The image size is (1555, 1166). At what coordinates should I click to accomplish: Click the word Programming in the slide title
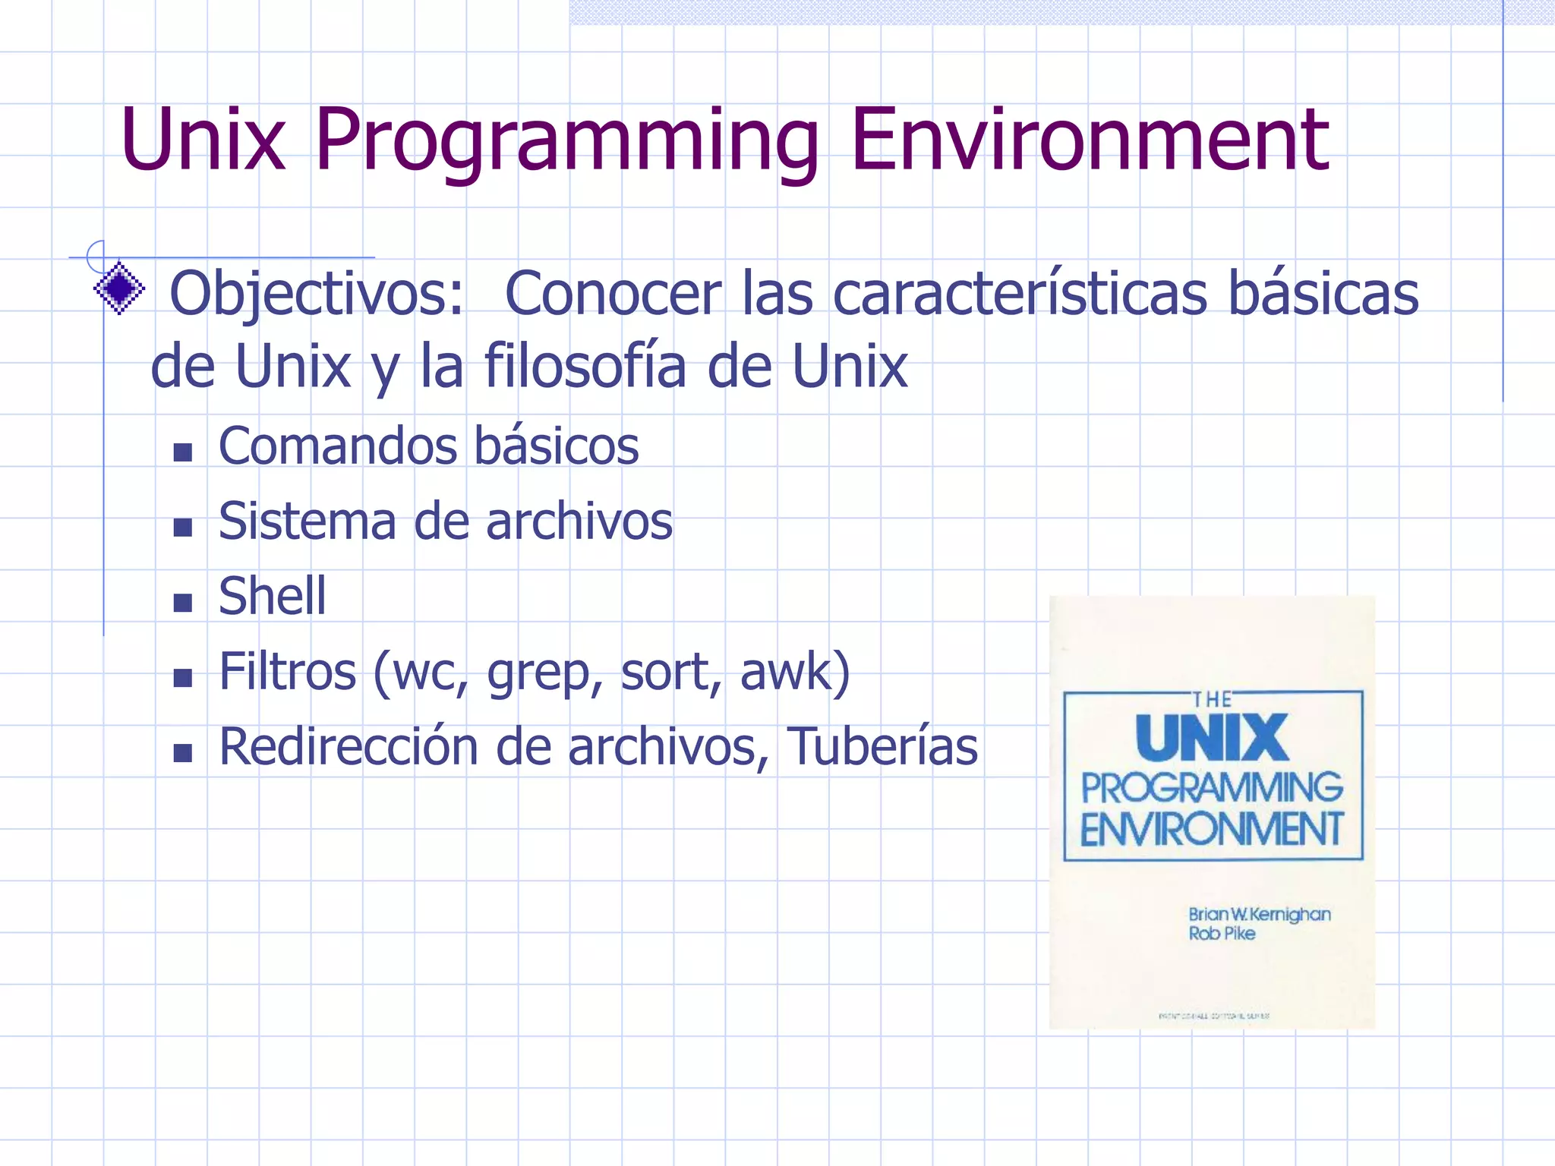566,140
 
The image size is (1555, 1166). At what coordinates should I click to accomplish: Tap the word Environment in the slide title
1089,140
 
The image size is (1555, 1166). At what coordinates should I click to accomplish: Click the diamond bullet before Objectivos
119,288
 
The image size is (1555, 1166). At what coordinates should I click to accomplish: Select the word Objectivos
316,294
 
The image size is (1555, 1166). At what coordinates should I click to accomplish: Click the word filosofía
585,366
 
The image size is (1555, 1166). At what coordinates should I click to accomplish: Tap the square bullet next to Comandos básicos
182,452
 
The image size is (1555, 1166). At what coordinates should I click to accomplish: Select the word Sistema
307,522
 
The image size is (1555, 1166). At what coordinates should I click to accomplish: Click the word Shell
272,596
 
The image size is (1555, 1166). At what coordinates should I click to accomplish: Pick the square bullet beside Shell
182,603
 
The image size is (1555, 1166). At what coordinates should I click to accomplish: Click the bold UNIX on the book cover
1212,738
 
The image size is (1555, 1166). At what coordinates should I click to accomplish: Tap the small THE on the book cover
1212,699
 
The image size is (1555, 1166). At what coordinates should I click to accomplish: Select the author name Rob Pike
1222,934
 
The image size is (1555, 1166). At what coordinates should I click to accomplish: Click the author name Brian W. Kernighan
1259,914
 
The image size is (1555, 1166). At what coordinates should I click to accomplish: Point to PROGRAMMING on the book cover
1212,787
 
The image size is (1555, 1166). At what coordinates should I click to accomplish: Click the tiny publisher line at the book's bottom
1213,1016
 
